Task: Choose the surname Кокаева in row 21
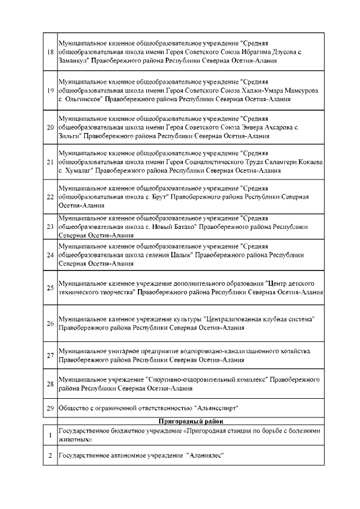click(x=308, y=162)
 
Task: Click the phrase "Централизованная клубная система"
click(x=259, y=319)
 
